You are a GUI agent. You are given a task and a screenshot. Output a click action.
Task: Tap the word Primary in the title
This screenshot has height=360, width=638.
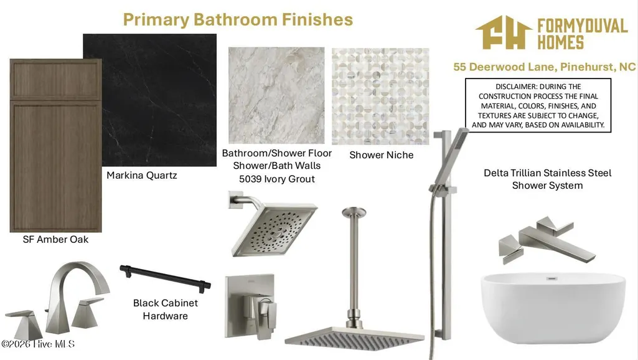click(156, 20)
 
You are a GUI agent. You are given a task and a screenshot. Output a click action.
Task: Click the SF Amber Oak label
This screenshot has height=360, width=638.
click(55, 239)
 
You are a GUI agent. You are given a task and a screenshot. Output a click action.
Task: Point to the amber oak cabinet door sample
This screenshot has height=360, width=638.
click(56, 145)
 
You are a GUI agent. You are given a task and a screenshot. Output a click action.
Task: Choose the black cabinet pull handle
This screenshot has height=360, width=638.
click(165, 278)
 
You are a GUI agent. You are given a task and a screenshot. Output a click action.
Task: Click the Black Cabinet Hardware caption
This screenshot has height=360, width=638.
click(165, 310)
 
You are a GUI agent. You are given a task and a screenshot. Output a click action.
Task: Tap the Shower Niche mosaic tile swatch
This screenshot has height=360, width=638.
click(380, 97)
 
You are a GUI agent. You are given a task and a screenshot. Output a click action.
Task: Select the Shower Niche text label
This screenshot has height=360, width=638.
click(382, 155)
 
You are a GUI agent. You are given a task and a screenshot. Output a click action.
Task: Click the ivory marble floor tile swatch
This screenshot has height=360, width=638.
click(277, 95)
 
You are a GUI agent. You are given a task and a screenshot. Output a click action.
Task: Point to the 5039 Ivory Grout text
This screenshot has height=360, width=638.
click(277, 179)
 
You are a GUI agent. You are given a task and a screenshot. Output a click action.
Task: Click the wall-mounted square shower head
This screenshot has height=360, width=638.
click(273, 224)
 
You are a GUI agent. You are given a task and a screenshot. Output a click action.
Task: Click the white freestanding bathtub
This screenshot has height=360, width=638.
click(553, 308)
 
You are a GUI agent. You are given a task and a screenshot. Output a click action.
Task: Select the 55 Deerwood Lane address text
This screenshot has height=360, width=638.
click(545, 67)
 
